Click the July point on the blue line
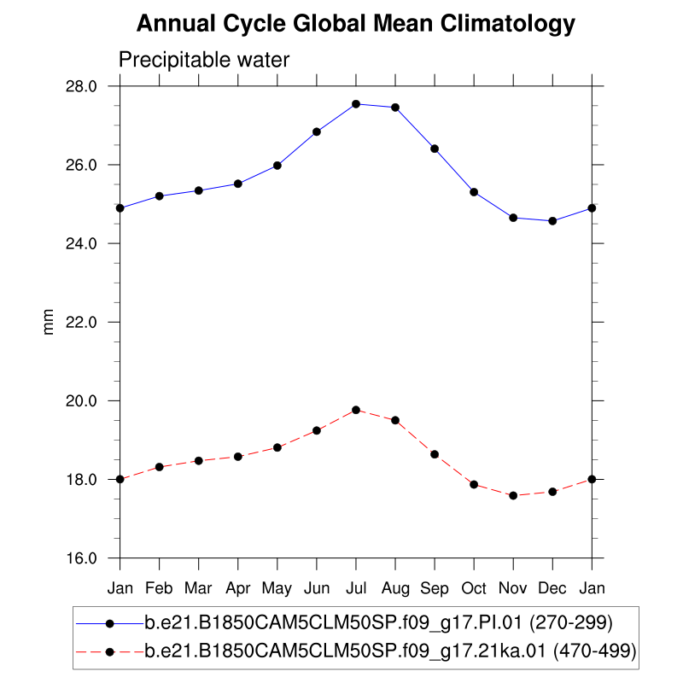(356, 104)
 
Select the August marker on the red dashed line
(395, 420)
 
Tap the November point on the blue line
(513, 218)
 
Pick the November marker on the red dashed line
(513, 495)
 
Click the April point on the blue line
(238, 184)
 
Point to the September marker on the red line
(435, 454)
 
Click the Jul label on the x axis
(356, 588)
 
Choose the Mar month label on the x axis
(199, 588)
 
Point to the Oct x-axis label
(474, 588)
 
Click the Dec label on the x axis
(552, 588)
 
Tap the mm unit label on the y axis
(48, 322)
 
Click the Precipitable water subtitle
(204, 60)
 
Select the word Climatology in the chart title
(509, 24)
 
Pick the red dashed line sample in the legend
(109, 651)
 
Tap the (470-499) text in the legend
(595, 651)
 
